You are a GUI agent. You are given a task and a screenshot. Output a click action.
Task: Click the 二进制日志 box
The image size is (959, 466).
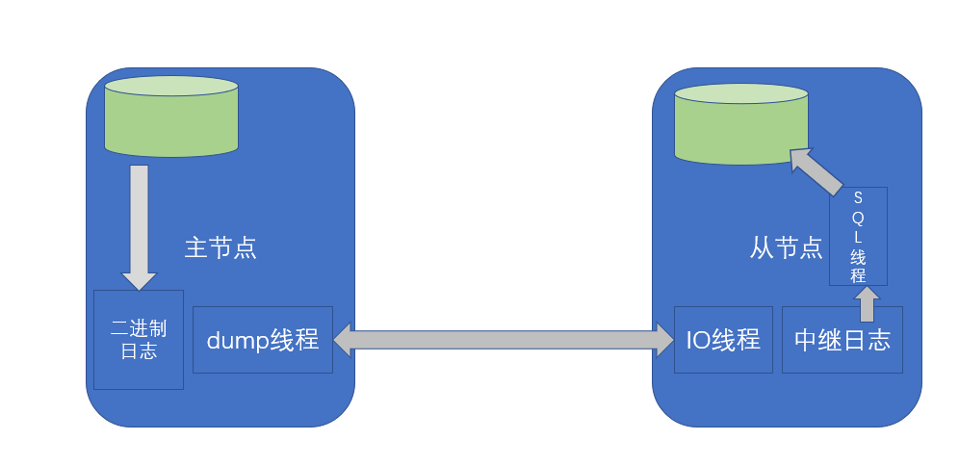[x=138, y=340]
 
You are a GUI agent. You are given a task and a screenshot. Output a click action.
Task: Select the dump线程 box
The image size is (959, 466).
[x=262, y=340]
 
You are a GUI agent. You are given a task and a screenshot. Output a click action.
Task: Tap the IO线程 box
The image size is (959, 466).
[x=722, y=340]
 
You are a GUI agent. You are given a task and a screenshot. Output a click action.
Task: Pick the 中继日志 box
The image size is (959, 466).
[x=842, y=340]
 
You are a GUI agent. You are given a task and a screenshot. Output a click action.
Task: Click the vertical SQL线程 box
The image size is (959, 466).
[x=857, y=236]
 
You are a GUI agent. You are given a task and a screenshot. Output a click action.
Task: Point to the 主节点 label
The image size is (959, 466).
[x=220, y=248]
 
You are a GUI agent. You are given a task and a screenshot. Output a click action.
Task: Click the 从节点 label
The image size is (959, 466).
[x=786, y=248]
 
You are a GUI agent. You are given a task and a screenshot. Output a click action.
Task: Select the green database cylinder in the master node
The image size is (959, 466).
[x=170, y=116]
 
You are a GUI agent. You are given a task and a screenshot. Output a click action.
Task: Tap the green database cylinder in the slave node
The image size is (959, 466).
[x=740, y=123]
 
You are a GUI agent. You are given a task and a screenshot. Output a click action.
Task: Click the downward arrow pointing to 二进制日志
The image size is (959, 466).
[x=139, y=226]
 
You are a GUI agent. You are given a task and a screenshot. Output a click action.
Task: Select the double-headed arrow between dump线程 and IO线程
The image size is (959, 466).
[x=504, y=339]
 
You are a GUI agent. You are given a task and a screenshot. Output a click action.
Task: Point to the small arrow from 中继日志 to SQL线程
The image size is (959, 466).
[x=867, y=302]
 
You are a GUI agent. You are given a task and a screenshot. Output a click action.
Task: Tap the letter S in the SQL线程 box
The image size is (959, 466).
[x=858, y=198]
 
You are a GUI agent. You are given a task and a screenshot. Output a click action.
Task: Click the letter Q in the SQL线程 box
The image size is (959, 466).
[x=858, y=218]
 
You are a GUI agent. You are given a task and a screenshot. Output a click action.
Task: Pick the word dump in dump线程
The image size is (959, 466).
[x=238, y=340]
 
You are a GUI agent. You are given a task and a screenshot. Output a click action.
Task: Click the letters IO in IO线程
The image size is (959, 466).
[x=698, y=340]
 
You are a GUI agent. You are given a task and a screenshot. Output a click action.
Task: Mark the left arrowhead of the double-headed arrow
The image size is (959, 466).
[x=343, y=339]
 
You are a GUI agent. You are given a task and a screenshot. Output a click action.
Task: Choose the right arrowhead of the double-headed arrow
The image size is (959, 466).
[x=664, y=339]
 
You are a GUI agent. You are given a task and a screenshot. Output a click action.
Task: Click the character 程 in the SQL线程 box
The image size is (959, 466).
[x=858, y=275]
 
